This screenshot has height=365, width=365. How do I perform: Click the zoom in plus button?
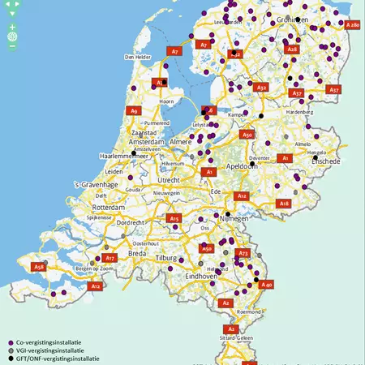[x=12, y=28]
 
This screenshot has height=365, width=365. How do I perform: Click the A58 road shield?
[x=38, y=266]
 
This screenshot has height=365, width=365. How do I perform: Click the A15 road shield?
[x=174, y=218]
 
